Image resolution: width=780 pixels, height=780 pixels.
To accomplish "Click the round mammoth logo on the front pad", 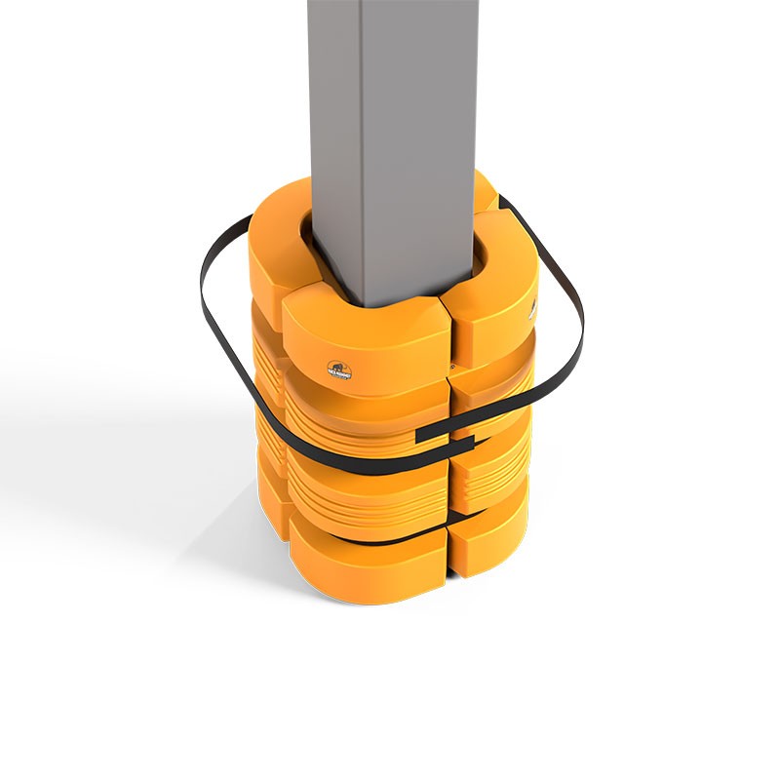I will point(339,371).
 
